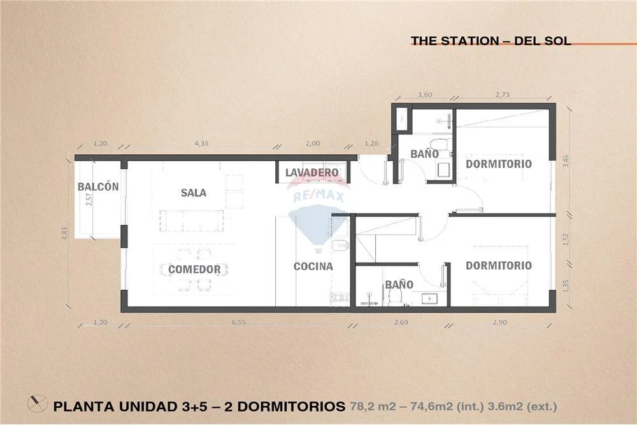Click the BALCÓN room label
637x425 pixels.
tap(98, 187)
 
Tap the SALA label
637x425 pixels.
tap(194, 192)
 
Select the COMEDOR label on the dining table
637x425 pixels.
tap(194, 270)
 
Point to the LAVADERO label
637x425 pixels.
tap(312, 173)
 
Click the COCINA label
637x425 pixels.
tap(313, 266)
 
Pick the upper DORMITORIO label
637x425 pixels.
tap(499, 164)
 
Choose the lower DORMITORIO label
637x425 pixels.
tap(499, 265)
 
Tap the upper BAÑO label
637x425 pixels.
tap(424, 154)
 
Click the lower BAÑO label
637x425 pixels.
tap(399, 284)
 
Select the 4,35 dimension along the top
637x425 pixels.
tap(201, 143)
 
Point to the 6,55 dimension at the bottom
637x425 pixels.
tap(239, 322)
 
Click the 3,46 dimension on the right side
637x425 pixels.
tap(566, 161)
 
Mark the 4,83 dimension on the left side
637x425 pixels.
tap(65, 234)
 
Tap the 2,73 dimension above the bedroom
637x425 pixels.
tap(502, 95)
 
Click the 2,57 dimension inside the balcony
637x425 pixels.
tap(89, 199)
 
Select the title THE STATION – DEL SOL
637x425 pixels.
tap(490, 41)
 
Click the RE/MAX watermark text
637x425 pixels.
tap(318, 197)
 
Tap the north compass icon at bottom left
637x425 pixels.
tap(37, 403)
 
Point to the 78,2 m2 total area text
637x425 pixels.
tap(373, 407)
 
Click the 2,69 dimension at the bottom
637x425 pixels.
tap(401, 322)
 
